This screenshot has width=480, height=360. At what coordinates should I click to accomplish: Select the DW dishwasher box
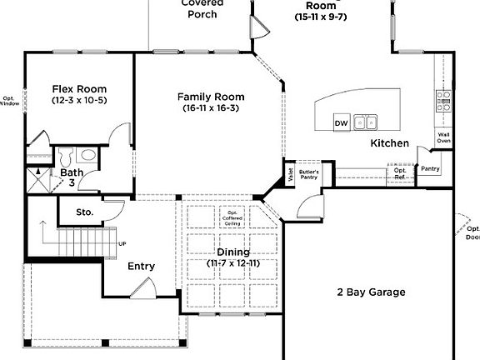[341, 123]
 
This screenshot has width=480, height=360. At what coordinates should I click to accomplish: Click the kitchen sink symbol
[364, 123]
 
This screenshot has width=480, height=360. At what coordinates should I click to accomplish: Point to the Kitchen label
[389, 144]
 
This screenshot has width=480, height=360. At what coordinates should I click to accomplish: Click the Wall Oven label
[444, 137]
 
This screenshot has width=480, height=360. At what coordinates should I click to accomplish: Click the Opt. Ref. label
[401, 173]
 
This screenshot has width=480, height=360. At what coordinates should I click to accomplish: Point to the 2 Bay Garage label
[371, 292]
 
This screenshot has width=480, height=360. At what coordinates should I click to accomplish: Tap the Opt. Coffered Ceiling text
[232, 219]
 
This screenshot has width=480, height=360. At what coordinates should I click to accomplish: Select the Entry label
[141, 267]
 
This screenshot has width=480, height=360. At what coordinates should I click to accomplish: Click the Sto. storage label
[84, 212]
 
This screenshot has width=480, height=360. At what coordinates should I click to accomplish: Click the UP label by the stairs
[122, 244]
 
